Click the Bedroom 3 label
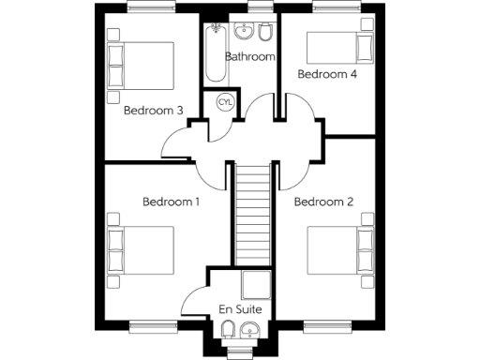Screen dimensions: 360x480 (x=154, y=110)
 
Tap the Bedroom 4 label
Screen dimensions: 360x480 (x=326, y=73)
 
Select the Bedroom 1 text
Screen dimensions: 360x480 (x=172, y=202)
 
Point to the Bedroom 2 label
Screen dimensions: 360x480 (x=323, y=202)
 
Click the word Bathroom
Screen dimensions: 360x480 (x=249, y=56)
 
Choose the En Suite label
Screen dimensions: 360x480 (x=239, y=309)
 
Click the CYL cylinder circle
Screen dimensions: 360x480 (x=226, y=101)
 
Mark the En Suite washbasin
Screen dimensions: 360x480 (x=250, y=329)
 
